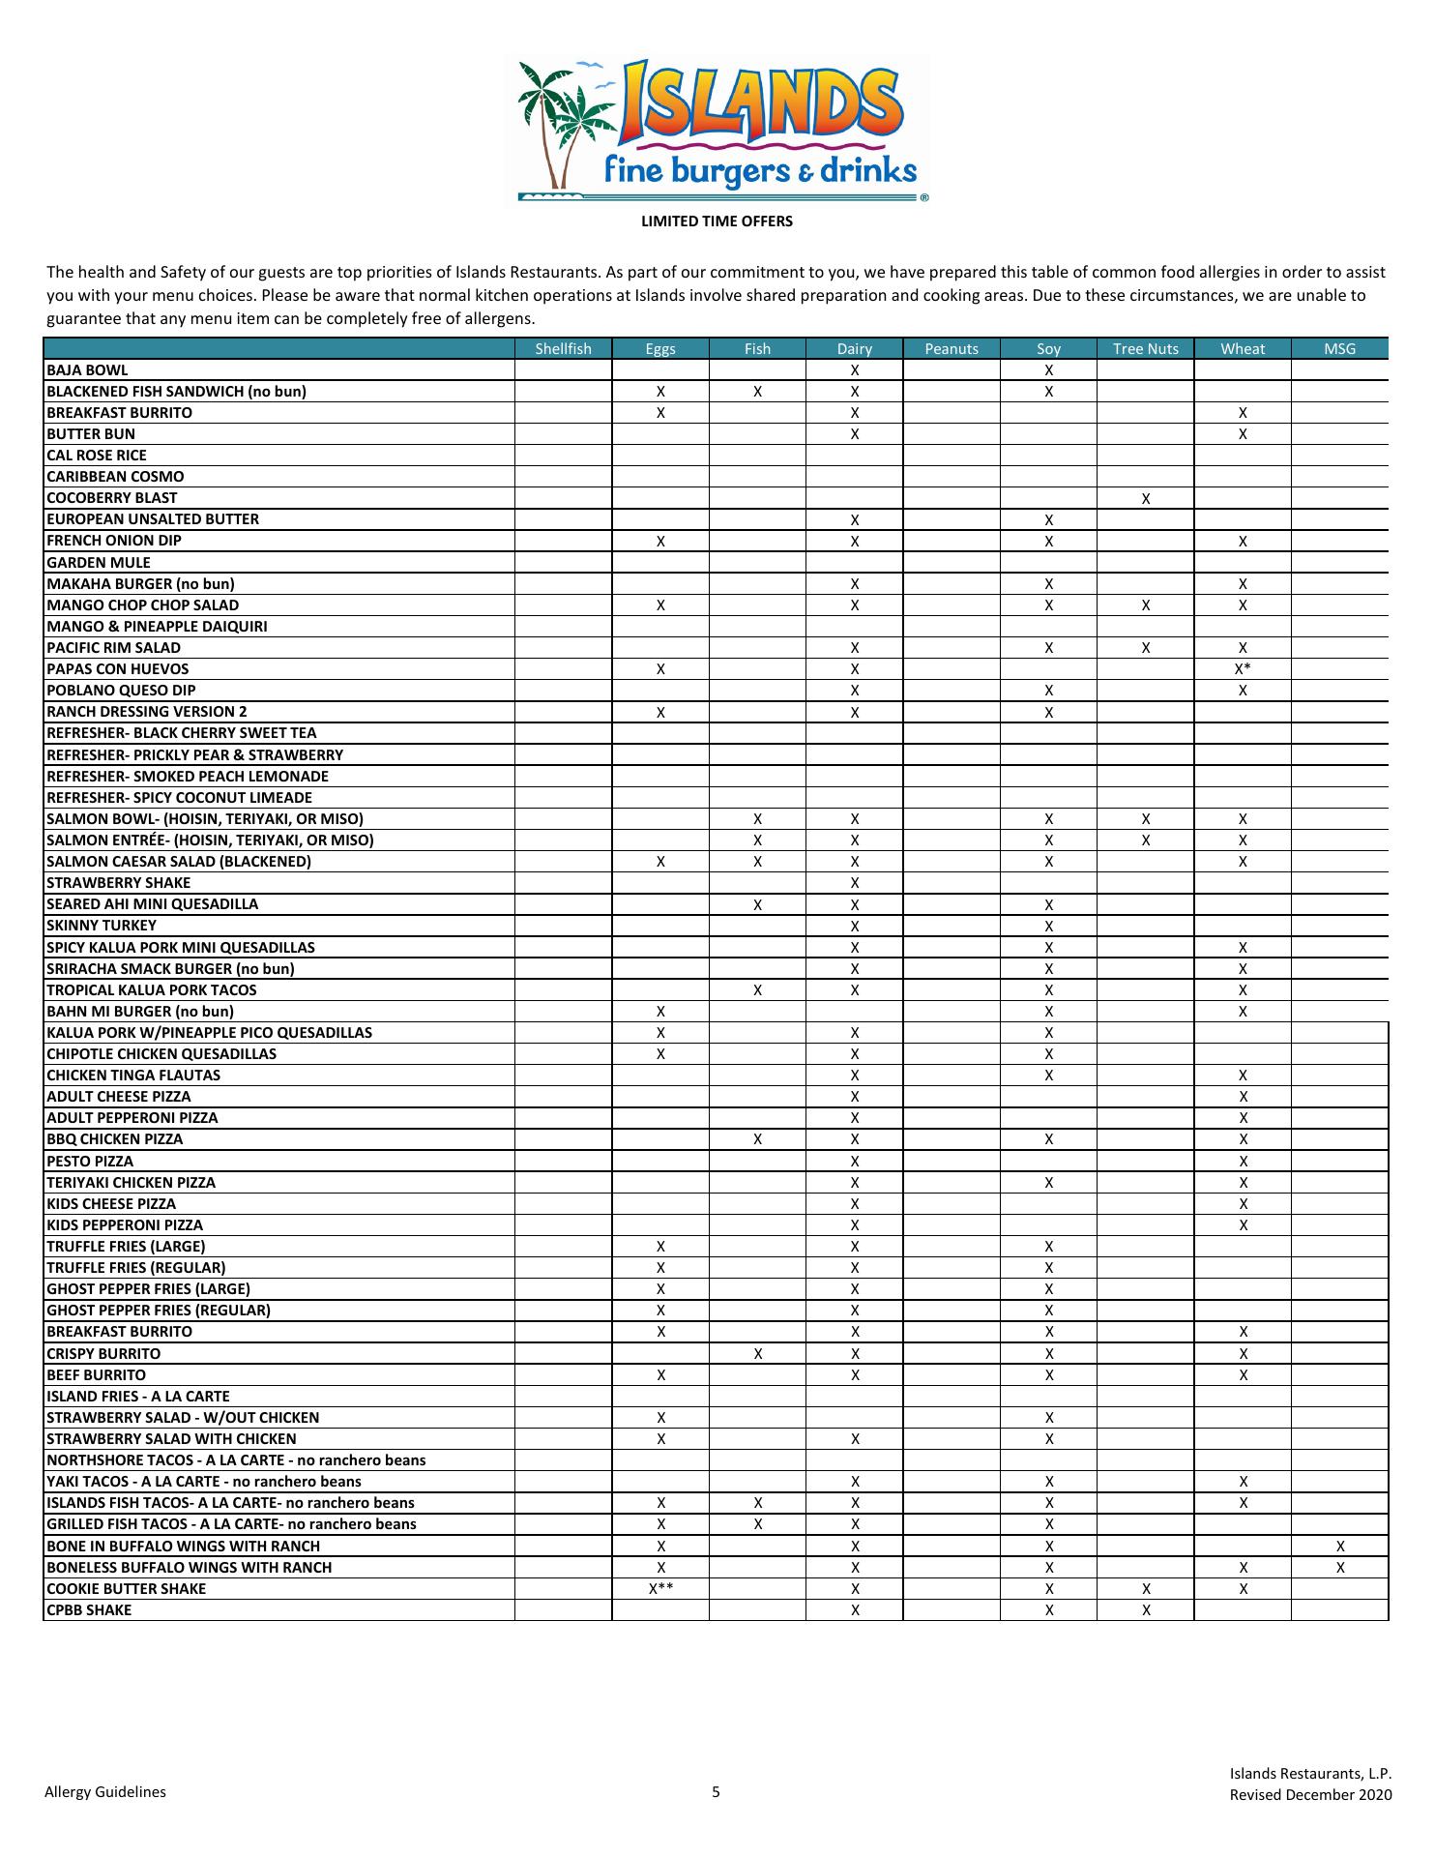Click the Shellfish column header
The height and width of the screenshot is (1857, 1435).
click(563, 349)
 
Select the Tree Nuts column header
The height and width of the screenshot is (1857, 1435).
click(1145, 349)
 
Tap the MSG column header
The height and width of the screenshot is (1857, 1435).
click(1339, 349)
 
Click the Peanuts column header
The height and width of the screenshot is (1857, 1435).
click(952, 349)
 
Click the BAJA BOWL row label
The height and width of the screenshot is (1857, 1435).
click(87, 370)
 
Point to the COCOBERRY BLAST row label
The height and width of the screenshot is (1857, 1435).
click(112, 498)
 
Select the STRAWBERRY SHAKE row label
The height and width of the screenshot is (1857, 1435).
click(119, 883)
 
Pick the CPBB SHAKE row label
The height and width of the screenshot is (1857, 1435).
click(89, 1610)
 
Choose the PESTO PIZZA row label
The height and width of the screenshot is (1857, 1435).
click(90, 1162)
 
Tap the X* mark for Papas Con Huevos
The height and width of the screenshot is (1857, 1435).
click(1243, 669)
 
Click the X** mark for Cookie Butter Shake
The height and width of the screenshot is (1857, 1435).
click(660, 1589)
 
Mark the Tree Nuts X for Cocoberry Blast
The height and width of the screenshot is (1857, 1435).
click(1145, 499)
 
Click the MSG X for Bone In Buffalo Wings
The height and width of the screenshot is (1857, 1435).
click(1339, 1547)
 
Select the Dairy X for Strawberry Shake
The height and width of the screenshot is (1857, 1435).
click(854, 883)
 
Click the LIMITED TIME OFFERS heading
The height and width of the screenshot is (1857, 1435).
click(717, 221)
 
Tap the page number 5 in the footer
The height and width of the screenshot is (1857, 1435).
click(717, 1792)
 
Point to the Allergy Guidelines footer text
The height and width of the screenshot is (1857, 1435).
click(105, 1792)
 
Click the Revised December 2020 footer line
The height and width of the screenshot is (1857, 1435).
click(1310, 1796)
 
